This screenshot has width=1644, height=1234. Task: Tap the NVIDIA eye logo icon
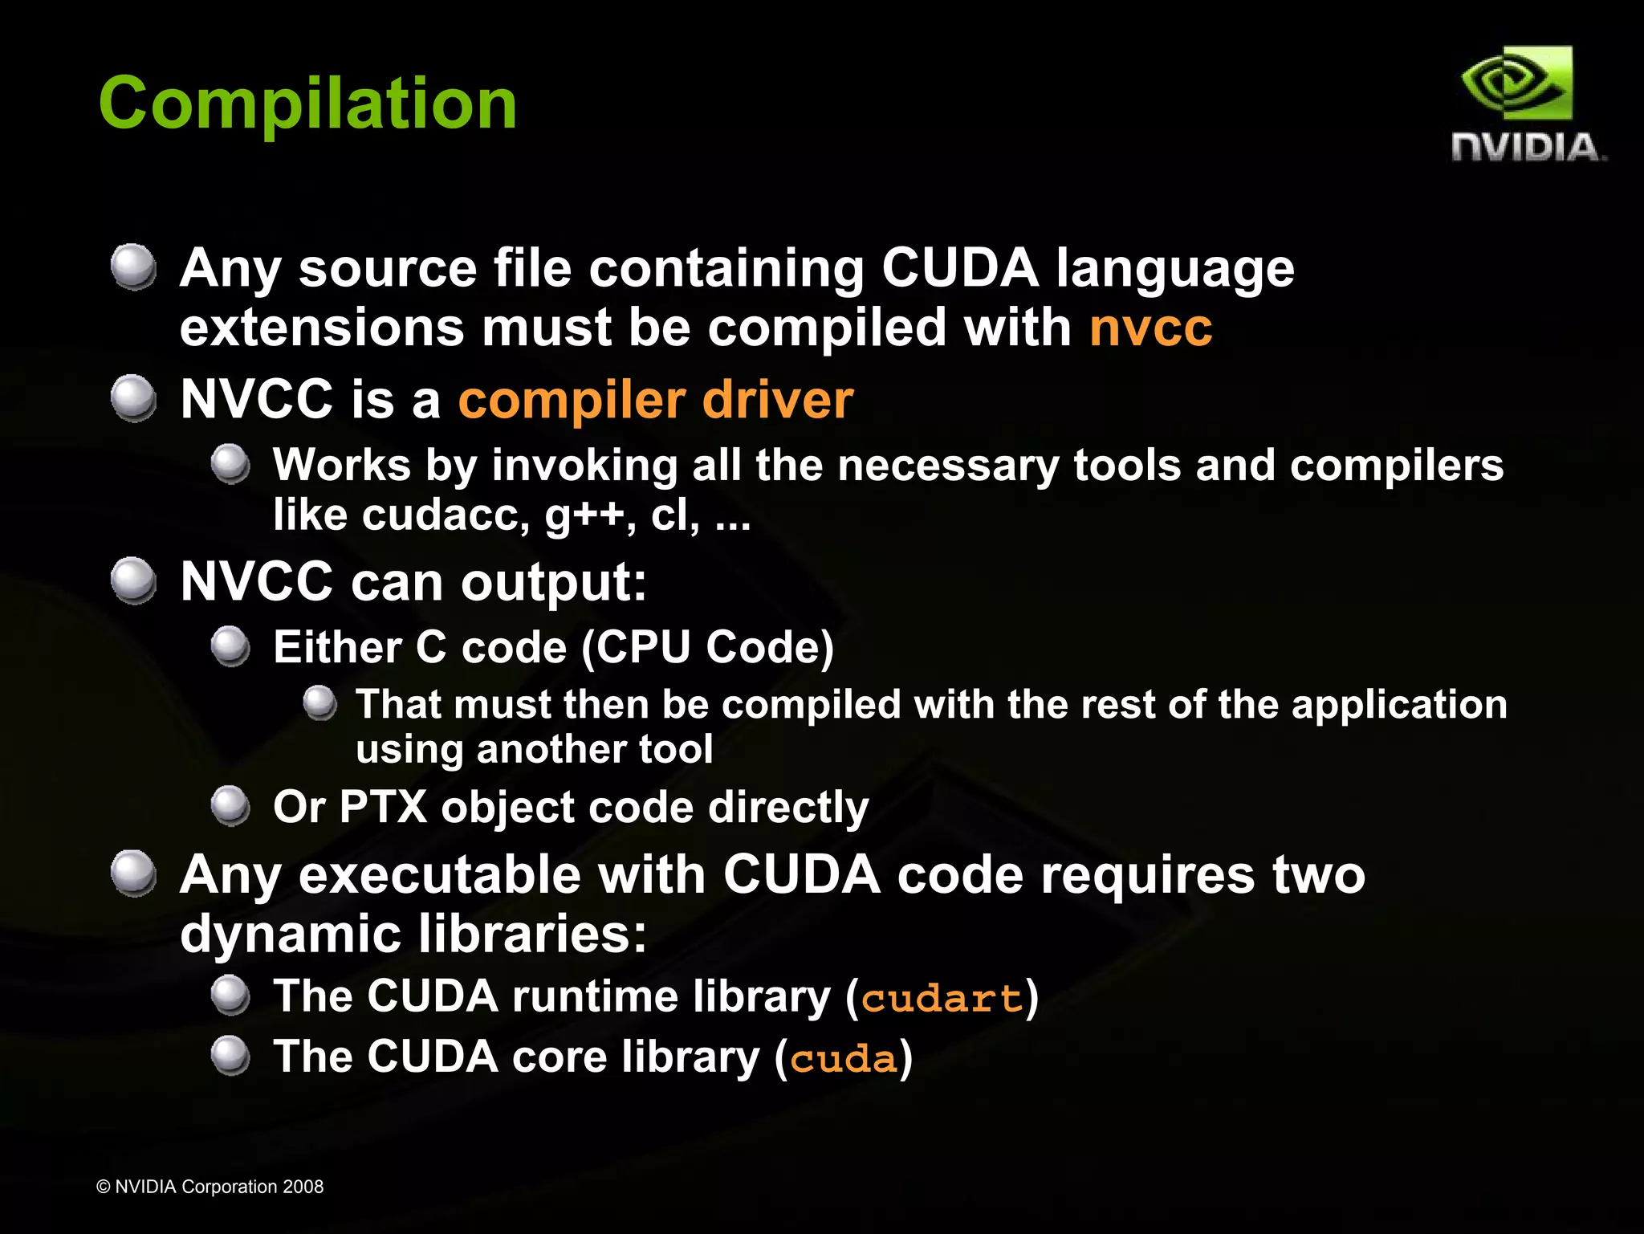[1516, 83]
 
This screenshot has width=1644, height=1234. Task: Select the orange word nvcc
[1150, 328]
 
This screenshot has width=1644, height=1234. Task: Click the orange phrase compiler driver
[655, 400]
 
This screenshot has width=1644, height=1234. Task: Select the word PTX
[383, 807]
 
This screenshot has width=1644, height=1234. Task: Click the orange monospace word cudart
[942, 999]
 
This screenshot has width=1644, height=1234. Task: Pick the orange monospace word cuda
[843, 1059]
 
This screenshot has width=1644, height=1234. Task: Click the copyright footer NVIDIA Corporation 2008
[210, 1187]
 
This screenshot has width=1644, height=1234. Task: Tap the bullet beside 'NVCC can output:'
[133, 580]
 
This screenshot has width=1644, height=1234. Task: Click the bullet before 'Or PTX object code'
[231, 805]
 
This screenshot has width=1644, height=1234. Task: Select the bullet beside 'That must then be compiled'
[320, 703]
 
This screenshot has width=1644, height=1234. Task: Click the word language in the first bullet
[1174, 268]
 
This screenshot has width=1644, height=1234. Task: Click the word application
[1399, 706]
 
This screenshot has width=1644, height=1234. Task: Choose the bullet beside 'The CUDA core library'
[231, 1056]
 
